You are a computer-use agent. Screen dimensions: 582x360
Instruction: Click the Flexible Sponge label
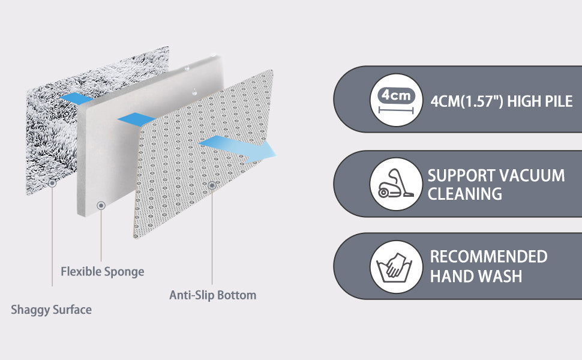click(103, 272)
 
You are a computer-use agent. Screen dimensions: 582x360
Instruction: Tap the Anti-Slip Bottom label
click(212, 295)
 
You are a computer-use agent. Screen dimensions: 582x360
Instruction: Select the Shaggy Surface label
click(51, 310)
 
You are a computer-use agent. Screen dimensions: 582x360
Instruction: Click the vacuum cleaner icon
click(396, 184)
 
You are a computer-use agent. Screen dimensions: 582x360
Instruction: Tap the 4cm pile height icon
click(396, 100)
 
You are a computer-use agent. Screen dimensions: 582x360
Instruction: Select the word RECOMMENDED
click(488, 256)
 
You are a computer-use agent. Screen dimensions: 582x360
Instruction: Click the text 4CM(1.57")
click(467, 101)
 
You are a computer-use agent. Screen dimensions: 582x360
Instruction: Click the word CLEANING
click(465, 194)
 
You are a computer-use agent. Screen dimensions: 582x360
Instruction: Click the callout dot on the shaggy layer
click(52, 183)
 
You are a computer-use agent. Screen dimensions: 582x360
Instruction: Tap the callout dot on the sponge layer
click(101, 205)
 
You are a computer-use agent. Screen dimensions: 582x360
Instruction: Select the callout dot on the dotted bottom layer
click(212, 185)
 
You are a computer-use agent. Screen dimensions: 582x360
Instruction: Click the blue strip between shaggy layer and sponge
click(76, 98)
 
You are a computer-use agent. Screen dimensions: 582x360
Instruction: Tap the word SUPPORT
click(460, 176)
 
